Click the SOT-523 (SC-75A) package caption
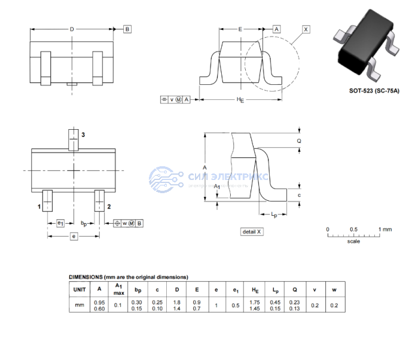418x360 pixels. [374, 91]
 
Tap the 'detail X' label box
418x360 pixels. [252, 231]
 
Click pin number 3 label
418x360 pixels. [83, 135]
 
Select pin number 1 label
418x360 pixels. [39, 206]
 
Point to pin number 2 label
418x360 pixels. [108, 206]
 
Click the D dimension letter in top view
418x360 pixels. [72, 29]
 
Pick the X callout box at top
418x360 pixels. [306, 29]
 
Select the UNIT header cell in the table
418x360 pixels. [80, 289]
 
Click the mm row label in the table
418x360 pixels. [80, 305]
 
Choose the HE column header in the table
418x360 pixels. [255, 289]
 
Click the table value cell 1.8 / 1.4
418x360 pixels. [177, 305]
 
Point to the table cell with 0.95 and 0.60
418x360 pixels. [99, 305]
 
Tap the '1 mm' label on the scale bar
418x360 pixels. [385, 229]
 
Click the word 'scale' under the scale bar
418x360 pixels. [353, 242]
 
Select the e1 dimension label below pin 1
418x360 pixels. [60, 223]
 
